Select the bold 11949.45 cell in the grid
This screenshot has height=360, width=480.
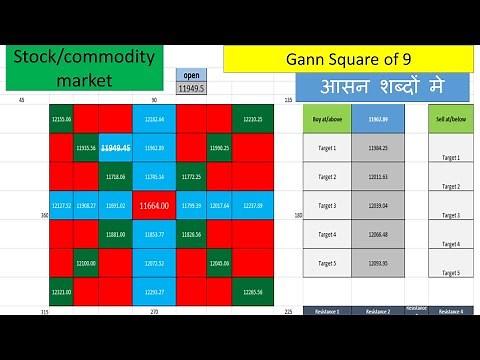(x=115, y=148)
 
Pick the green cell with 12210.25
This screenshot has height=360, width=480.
(x=252, y=119)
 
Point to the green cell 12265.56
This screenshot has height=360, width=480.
(x=252, y=292)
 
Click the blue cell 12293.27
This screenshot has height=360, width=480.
(x=153, y=292)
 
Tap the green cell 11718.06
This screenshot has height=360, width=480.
(x=115, y=176)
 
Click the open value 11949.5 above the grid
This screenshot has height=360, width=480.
(x=191, y=88)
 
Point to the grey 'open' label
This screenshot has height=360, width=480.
(x=191, y=75)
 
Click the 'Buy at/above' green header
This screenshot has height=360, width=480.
(x=326, y=119)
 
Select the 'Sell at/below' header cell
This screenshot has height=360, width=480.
(x=450, y=119)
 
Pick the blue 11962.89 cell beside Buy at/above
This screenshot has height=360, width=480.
(x=378, y=119)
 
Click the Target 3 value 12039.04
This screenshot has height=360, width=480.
(x=378, y=205)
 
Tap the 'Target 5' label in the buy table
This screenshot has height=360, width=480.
(x=326, y=263)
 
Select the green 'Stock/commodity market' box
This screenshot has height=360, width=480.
(x=84, y=69)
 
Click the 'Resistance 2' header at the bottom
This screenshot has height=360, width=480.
(x=378, y=311)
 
